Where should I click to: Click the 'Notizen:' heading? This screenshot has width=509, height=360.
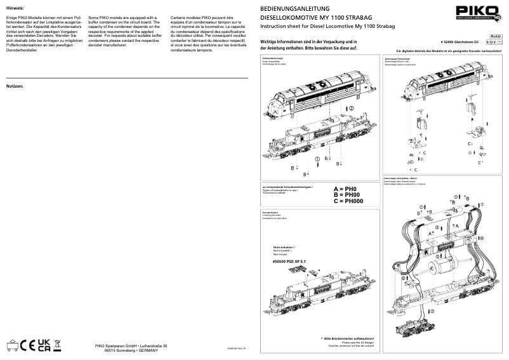15,85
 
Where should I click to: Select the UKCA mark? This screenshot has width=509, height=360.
43,345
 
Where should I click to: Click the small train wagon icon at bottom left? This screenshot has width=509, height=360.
13,346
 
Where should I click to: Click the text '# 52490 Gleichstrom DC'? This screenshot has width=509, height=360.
459,42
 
